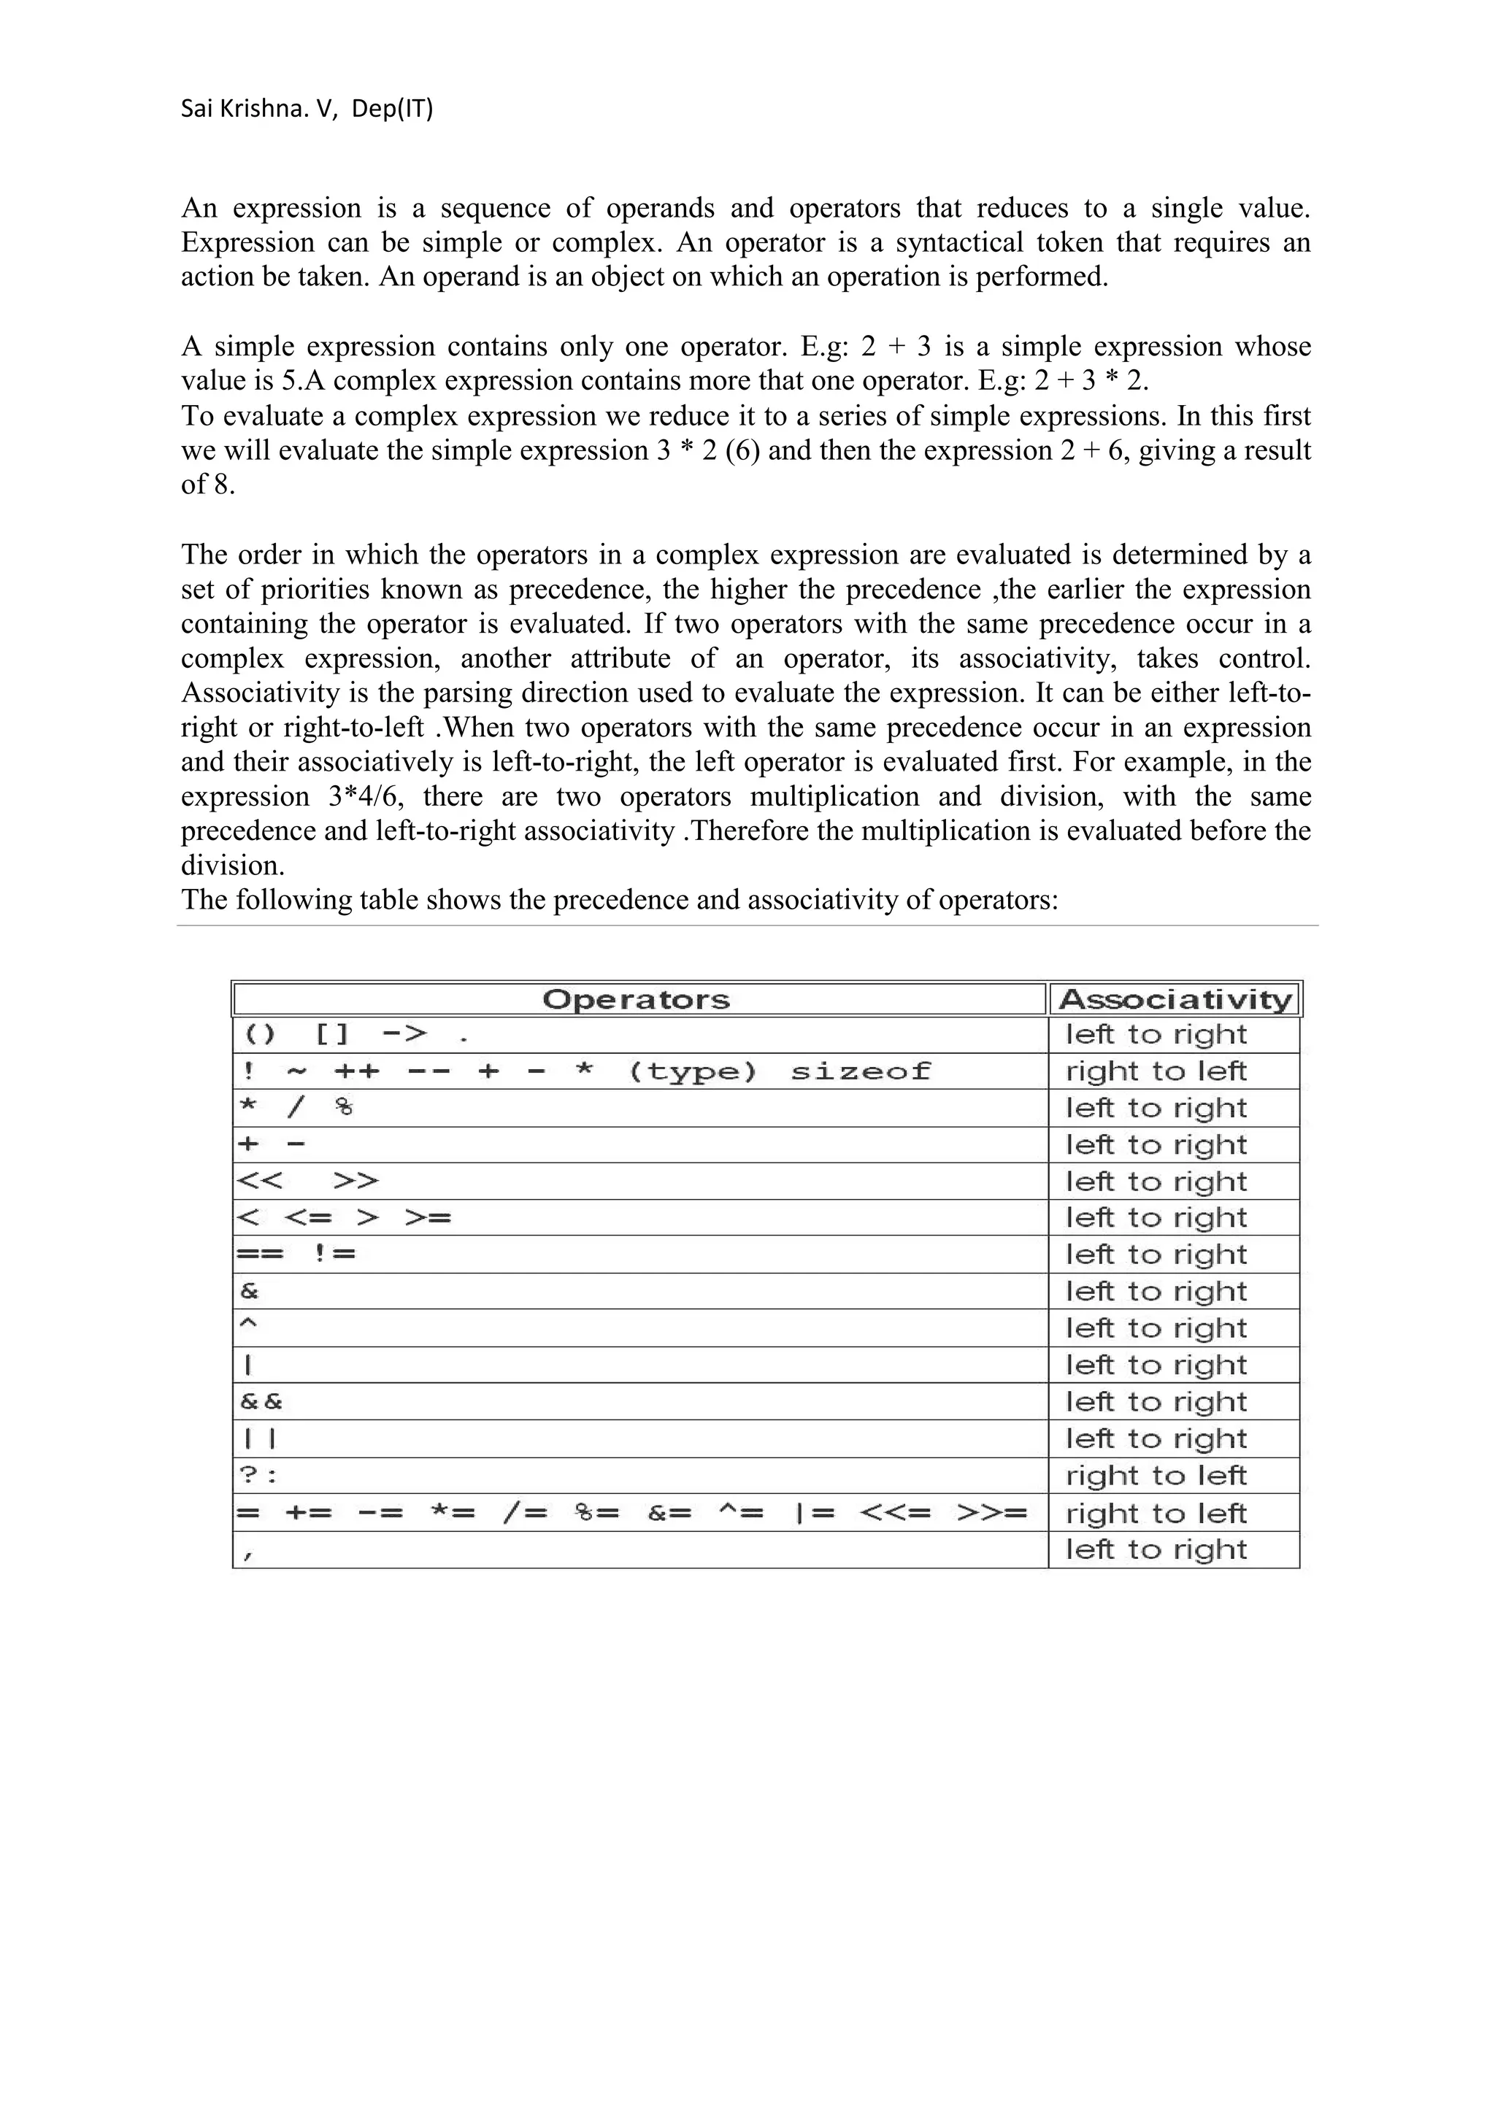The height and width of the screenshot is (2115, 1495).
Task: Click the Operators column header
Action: click(x=636, y=999)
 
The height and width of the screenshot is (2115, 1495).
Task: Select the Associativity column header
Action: click(x=1175, y=999)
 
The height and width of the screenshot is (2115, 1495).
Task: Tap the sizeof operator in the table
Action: click(x=861, y=1071)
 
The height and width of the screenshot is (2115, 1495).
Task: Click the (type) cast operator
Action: click(x=693, y=1071)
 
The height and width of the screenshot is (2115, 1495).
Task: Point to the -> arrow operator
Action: click(x=404, y=1034)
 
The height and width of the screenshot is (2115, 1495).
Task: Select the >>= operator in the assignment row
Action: click(x=991, y=1514)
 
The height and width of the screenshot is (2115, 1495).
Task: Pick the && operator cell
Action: click(x=261, y=1402)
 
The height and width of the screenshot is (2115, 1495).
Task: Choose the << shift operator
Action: click(x=260, y=1181)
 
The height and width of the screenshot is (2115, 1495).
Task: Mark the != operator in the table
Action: click(x=334, y=1255)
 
